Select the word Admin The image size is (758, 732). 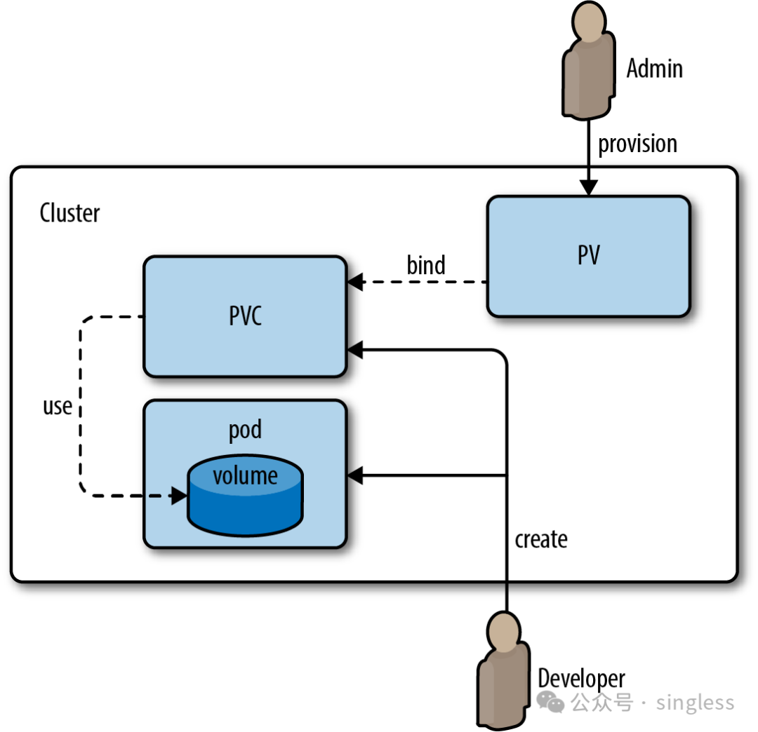(654, 69)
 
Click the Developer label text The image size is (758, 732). (581, 678)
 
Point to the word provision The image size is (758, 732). (637, 144)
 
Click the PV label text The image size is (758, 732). (588, 256)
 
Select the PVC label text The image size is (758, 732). (245, 316)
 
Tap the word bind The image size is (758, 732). (426, 266)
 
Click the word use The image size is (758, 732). (58, 406)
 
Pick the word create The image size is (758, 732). (541, 539)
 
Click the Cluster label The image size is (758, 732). (69, 212)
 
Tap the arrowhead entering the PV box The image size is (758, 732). (589, 188)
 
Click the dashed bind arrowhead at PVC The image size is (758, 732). (354, 283)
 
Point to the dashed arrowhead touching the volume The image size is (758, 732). (180, 496)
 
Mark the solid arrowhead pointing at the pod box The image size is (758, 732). (354, 475)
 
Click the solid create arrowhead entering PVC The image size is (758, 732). (354, 348)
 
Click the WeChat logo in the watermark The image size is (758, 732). (550, 702)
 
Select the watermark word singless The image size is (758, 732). (695, 703)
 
